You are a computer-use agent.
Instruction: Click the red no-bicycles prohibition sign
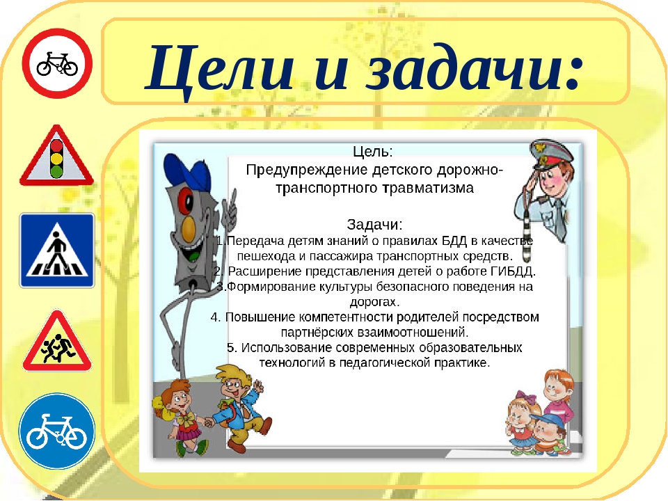click(x=57, y=64)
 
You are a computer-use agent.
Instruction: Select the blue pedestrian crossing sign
click(x=57, y=250)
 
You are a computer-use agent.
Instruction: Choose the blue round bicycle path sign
click(x=56, y=431)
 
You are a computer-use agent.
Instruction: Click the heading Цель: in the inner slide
click(x=373, y=152)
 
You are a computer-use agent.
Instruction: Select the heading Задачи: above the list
click(x=374, y=225)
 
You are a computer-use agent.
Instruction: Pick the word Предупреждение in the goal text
click(x=307, y=170)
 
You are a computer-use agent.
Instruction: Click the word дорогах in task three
click(x=373, y=302)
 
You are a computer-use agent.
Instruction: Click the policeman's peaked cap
click(x=552, y=154)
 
